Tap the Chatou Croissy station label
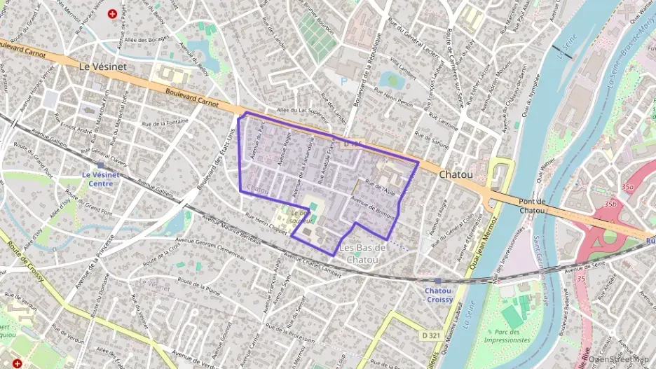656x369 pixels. point(438,294)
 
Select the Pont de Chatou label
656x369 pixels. point(531,206)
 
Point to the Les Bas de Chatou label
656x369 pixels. point(362,254)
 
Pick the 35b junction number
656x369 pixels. point(610,204)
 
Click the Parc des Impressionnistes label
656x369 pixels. point(502,336)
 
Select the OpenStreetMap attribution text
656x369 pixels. point(619,359)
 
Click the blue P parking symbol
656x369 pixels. point(343,82)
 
